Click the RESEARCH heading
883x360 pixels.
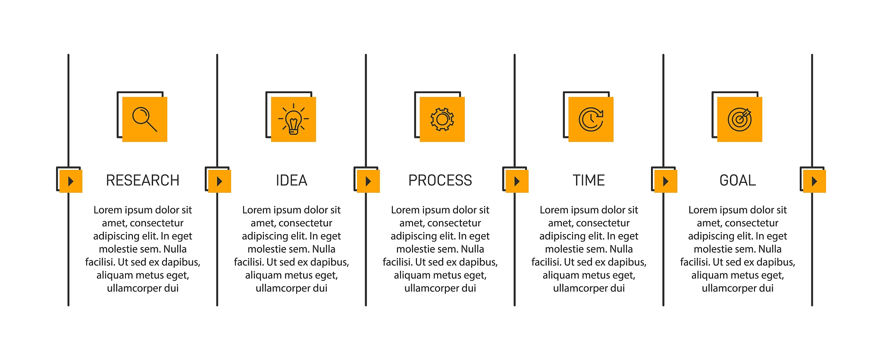(x=143, y=180)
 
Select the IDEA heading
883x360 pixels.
(x=291, y=180)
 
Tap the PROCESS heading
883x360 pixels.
(x=440, y=180)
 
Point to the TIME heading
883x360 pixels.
(x=589, y=180)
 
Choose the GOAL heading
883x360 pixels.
(x=738, y=180)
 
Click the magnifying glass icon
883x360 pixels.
(x=145, y=119)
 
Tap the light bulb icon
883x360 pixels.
(x=294, y=119)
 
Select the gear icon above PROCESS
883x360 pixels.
(x=442, y=119)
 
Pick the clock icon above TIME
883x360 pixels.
(x=591, y=119)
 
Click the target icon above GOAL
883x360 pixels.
(x=740, y=119)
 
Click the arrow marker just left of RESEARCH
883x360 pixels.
(x=71, y=181)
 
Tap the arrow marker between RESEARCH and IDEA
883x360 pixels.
(x=219, y=181)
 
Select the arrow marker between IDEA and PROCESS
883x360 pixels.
(x=368, y=181)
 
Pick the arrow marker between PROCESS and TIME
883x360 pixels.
(x=517, y=181)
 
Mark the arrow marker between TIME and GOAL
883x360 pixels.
(x=666, y=181)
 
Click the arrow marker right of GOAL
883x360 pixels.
(x=814, y=181)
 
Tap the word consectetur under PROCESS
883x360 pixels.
(x=454, y=223)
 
